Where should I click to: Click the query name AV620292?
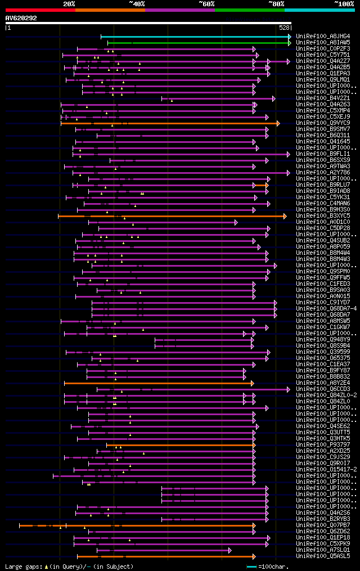[x=21, y=18]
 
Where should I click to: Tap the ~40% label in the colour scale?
[x=137, y=3]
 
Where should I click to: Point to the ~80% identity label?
[x=276, y=3]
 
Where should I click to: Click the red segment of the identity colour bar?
[x=39, y=10]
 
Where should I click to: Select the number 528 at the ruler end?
[x=284, y=27]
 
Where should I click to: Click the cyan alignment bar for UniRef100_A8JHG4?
[x=194, y=37]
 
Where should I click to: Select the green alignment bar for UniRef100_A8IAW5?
[x=197, y=43]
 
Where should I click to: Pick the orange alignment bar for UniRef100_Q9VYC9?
[x=169, y=123]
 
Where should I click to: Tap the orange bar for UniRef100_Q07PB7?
[x=135, y=525]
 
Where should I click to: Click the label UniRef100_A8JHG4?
[x=323, y=36]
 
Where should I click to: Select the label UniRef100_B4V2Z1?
[x=323, y=98]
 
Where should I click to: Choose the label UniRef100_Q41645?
[x=323, y=141]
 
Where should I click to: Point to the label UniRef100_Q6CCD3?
[x=323, y=389]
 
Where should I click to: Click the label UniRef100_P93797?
[x=323, y=444]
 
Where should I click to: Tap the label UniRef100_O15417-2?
[x=326, y=469]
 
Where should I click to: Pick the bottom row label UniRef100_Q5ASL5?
[x=323, y=556]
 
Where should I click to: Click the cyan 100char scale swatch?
[x=251, y=566]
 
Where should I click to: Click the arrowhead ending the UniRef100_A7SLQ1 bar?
[x=229, y=550]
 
